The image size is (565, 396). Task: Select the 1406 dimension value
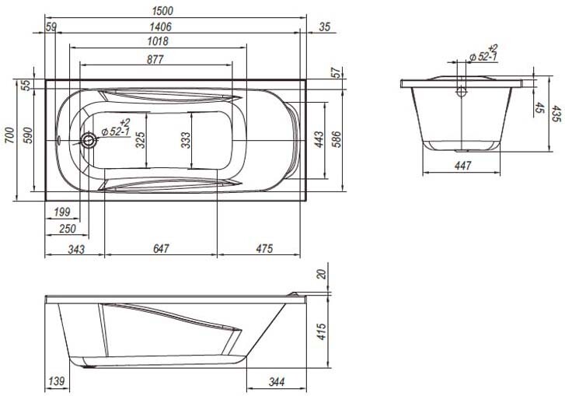point(161,26)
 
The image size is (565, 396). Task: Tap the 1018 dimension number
point(158,42)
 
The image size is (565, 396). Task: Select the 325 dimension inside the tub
point(140,139)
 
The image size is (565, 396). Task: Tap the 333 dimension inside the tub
point(184,139)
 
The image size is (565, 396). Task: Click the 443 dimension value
point(319,140)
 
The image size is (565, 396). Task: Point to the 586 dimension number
point(337,140)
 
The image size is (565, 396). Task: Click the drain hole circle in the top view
point(89,142)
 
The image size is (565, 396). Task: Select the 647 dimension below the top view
point(161,249)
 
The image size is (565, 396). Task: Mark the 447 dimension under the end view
point(462,166)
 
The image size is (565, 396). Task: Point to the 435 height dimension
point(556,114)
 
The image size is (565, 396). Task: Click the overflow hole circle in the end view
point(462,91)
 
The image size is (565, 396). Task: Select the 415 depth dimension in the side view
point(322,332)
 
